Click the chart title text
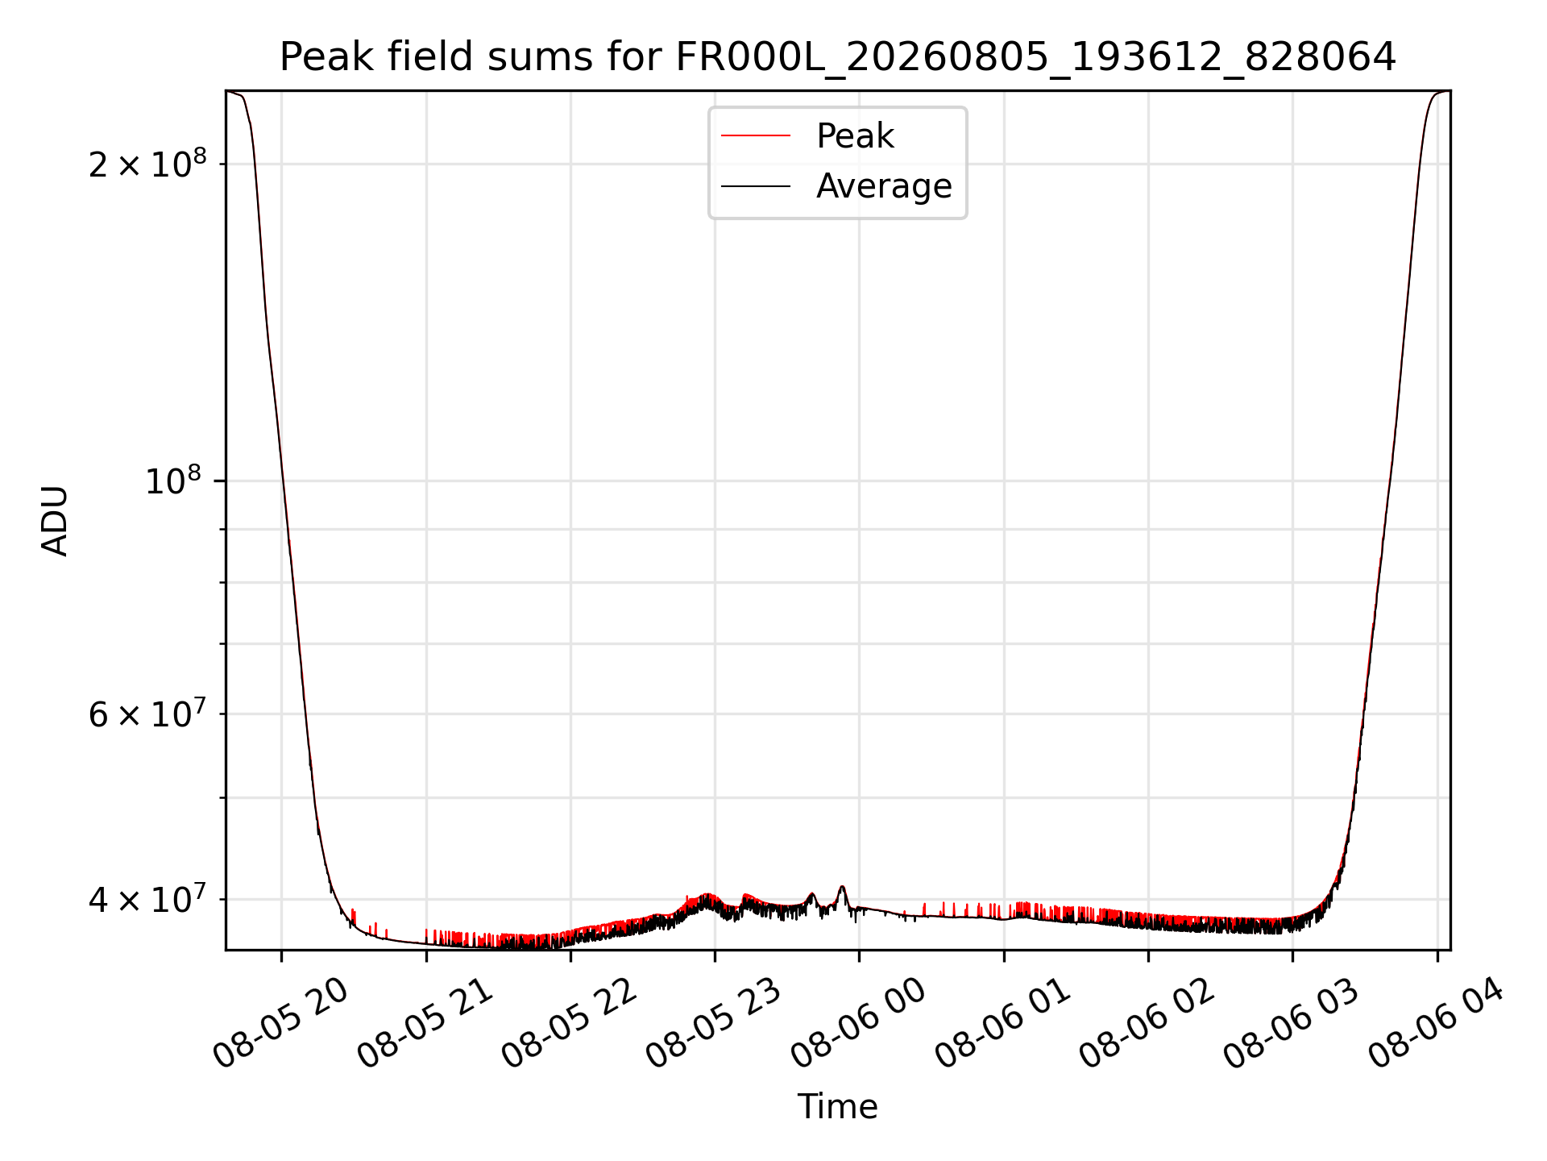click(837, 57)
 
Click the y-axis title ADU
click(55, 521)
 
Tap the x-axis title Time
click(837, 1107)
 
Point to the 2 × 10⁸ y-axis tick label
click(147, 164)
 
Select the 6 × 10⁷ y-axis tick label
click(147, 714)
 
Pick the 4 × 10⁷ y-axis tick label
click(147, 899)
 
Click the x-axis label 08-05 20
click(280, 1022)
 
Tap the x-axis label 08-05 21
click(425, 1022)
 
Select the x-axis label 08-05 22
click(569, 1022)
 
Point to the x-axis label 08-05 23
click(713, 1022)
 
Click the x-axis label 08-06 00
click(857, 1022)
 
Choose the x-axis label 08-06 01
click(1002, 1022)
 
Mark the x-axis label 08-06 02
click(1147, 1022)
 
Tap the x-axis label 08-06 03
click(1291, 1022)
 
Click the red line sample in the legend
click(756, 136)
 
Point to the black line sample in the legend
click(756, 186)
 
